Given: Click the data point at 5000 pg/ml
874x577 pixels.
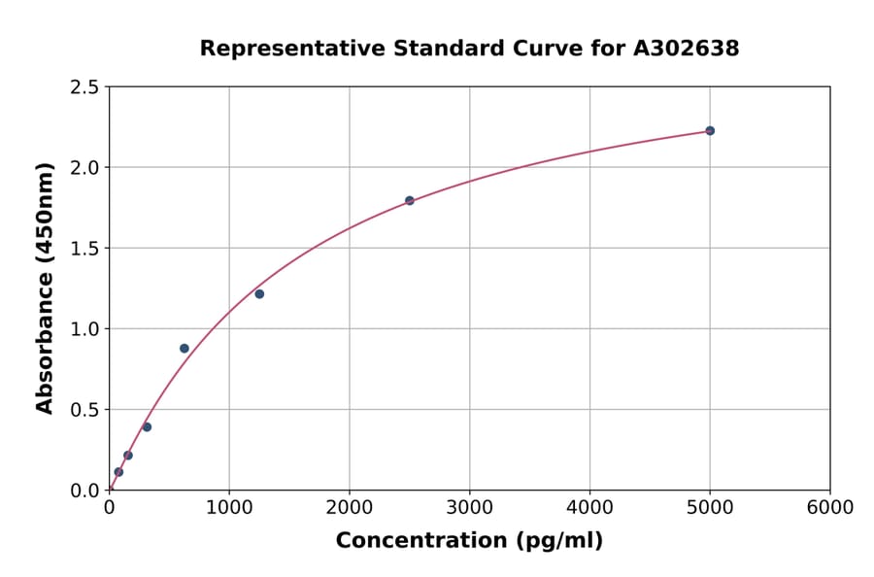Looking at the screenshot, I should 710,130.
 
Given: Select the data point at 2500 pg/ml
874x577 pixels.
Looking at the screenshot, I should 409,200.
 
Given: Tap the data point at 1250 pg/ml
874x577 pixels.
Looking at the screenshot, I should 259,293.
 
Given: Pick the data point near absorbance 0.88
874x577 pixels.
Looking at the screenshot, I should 185,348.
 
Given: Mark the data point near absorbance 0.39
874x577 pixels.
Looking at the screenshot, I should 147,426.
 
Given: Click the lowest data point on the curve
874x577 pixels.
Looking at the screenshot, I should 118,472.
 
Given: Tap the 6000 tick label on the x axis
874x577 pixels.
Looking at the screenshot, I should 829,508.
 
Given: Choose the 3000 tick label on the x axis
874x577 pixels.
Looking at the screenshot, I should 469,508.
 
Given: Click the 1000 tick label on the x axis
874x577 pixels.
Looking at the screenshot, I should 229,508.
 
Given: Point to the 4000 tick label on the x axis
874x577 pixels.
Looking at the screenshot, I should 589,508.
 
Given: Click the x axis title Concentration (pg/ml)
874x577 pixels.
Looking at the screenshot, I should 469,541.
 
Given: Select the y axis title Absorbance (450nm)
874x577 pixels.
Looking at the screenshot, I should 45,288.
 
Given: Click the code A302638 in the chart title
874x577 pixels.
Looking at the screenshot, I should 686,49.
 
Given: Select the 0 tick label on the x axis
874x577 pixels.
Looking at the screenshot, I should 109,508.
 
